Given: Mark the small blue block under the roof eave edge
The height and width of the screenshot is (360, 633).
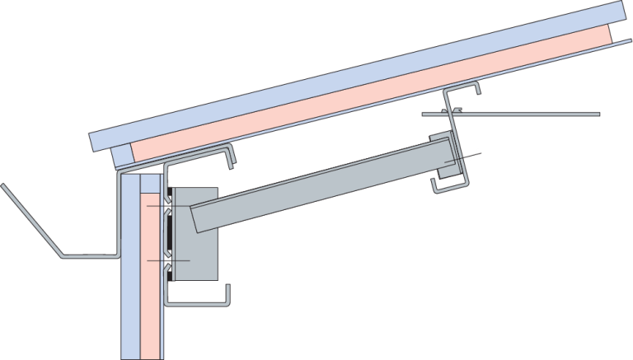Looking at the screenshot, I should coord(120,154).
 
